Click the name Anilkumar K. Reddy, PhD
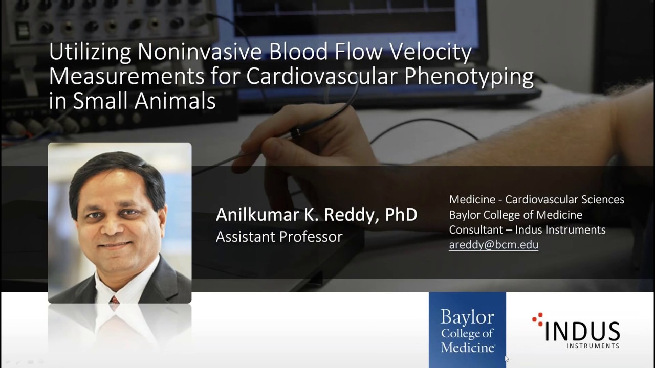(316, 215)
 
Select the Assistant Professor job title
(279, 237)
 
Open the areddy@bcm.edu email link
(493, 245)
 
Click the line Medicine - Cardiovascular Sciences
(536, 200)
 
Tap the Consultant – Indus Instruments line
(527, 230)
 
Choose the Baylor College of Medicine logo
(467, 330)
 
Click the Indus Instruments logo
(578, 331)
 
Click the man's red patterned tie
(115, 302)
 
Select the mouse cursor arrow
(507, 359)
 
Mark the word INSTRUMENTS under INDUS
(593, 346)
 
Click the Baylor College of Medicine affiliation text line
(515, 215)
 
